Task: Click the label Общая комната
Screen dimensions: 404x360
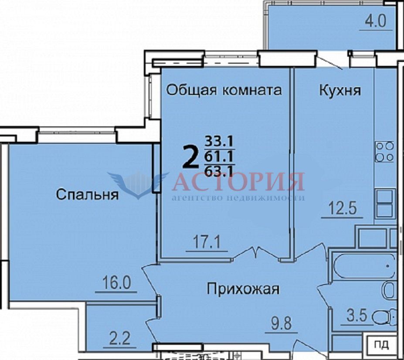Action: pyautogui.click(x=224, y=91)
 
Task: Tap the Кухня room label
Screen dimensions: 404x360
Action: pyautogui.click(x=340, y=91)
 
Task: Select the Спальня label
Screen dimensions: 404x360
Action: pyautogui.click(x=87, y=194)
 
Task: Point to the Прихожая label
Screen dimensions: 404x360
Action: pyautogui.click(x=243, y=289)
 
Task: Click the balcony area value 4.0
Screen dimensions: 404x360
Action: pyautogui.click(x=376, y=21)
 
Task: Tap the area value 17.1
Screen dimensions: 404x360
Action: pyautogui.click(x=207, y=242)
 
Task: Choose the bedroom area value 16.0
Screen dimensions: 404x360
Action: pyautogui.click(x=116, y=283)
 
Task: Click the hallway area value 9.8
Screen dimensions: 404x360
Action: pyautogui.click(x=282, y=323)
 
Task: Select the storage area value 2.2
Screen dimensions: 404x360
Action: pyautogui.click(x=119, y=339)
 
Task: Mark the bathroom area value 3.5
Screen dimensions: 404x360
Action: pyautogui.click(x=356, y=316)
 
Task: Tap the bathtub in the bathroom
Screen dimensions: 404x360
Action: pyautogui.click(x=364, y=266)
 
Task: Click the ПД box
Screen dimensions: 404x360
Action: pyautogui.click(x=381, y=345)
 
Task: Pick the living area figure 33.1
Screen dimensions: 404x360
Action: pyautogui.click(x=219, y=142)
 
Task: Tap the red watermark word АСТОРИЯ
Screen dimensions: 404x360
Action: pyautogui.click(x=238, y=182)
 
